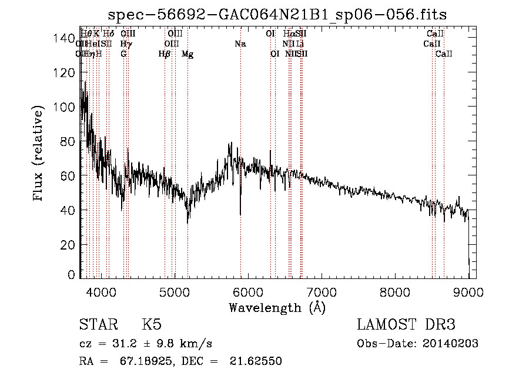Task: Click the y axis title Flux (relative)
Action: point(39,154)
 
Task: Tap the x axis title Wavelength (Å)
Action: point(277,307)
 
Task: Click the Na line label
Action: point(240,44)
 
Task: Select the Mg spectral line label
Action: point(188,54)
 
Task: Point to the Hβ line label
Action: point(165,54)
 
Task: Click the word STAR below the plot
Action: point(98,325)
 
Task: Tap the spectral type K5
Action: point(152,325)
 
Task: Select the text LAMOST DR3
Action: point(406,325)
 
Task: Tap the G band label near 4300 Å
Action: point(123,54)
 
